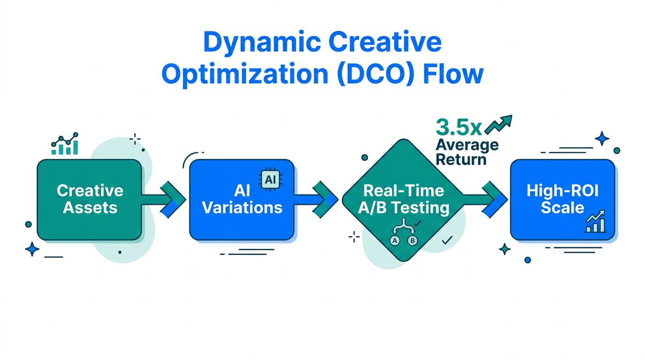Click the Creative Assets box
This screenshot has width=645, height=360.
(89, 199)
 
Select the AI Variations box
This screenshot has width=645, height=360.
(241, 199)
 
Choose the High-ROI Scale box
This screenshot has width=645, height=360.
(562, 199)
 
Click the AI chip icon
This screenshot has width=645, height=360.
(270, 180)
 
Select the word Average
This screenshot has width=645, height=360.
(467, 144)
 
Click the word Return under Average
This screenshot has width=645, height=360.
(461, 159)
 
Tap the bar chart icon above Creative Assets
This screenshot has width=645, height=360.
(65, 144)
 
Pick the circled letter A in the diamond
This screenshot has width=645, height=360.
(395, 241)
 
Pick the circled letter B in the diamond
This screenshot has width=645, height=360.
(412, 241)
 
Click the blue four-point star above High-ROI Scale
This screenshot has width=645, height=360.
(601, 139)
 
